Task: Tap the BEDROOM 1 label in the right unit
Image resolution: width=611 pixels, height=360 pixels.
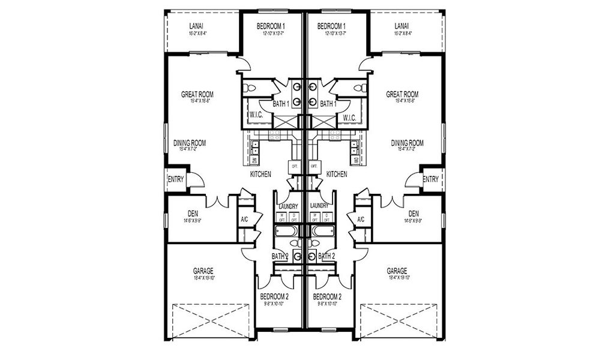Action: coord(331,26)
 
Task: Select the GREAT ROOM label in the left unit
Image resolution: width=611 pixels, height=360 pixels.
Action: coord(197,94)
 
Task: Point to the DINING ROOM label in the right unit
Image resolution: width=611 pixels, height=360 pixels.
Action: coord(408,143)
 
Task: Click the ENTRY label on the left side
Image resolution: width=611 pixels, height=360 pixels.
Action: coord(176,179)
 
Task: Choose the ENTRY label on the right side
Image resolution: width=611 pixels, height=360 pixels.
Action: coord(430,179)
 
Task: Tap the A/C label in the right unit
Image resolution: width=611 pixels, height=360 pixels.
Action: coord(361,220)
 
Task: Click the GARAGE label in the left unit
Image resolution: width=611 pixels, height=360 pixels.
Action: coord(203,271)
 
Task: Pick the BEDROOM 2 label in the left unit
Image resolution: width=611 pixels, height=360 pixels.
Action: coord(274,297)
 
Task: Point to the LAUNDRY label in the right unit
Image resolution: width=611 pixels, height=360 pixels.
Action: coord(319,206)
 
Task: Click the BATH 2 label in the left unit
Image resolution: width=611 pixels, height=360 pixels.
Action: coord(280,256)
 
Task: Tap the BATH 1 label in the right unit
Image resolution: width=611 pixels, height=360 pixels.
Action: coord(328,104)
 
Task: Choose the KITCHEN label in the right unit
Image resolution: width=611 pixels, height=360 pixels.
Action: coord(337,174)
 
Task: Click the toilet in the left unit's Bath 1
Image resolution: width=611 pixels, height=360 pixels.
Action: coord(250,88)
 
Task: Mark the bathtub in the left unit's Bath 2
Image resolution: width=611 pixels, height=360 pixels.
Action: coord(286,231)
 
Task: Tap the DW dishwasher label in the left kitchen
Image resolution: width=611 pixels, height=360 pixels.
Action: coord(254,160)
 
